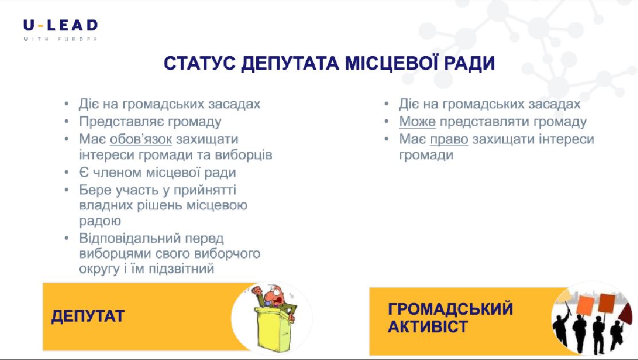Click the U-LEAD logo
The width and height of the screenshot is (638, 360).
[61, 29]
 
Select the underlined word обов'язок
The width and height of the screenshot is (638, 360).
[141, 139]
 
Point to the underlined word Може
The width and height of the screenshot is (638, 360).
[417, 121]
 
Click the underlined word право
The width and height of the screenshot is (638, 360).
[449, 139]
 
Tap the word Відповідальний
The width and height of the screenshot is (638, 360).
[130, 238]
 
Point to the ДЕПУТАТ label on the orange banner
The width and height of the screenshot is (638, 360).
[88, 316]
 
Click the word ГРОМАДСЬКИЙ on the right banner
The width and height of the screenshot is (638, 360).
[450, 309]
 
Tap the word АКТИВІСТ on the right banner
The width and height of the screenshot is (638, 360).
[428, 327]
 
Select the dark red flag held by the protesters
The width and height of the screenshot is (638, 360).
[626, 312]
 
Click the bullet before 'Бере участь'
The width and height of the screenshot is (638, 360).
[66, 190]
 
